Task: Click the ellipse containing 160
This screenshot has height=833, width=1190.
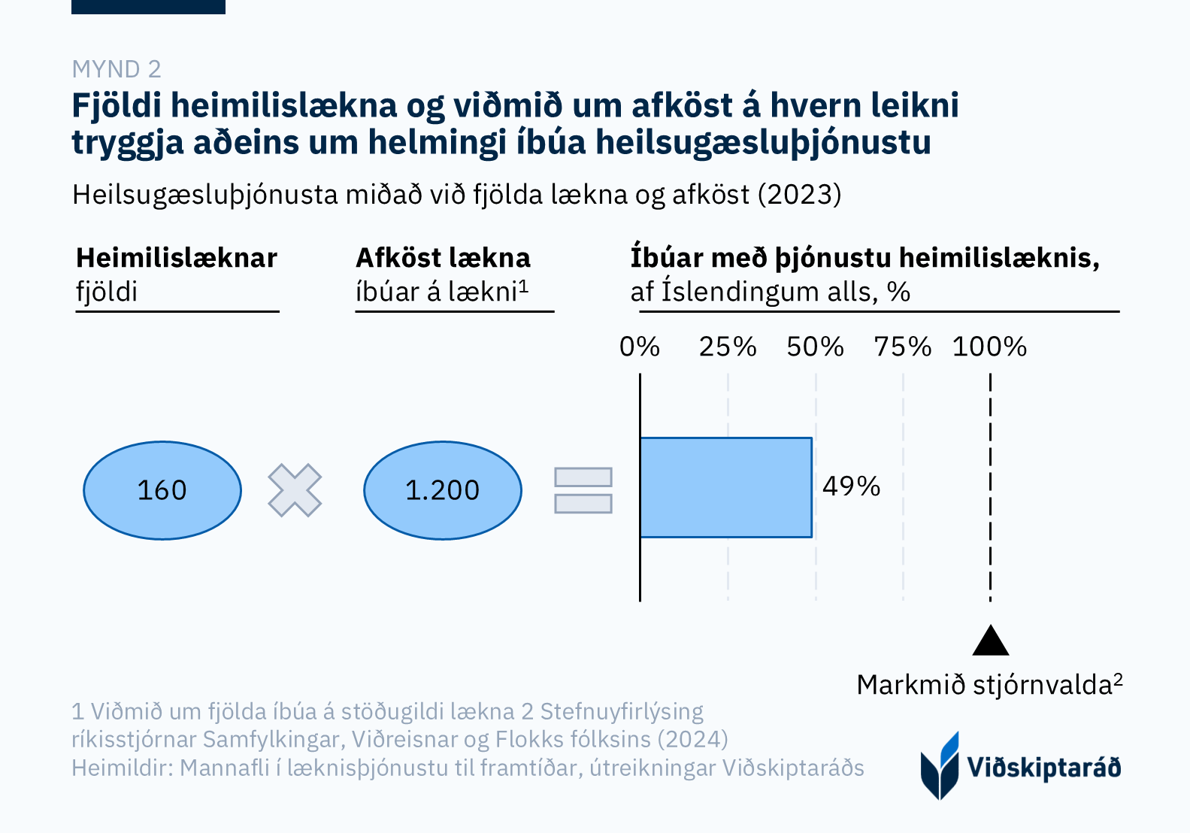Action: click(162, 490)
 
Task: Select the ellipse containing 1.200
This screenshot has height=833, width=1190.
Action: click(443, 490)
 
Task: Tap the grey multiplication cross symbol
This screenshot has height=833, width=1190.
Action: click(295, 490)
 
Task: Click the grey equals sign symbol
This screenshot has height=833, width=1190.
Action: click(583, 490)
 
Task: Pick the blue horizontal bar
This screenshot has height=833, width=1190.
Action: click(726, 487)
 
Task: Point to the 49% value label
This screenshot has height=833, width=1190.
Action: click(851, 486)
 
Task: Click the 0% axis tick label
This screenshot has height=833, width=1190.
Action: click(640, 347)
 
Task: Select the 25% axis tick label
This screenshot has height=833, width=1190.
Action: click(728, 347)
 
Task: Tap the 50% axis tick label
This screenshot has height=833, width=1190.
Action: click(816, 347)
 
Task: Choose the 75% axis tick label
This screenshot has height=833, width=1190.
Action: click(903, 347)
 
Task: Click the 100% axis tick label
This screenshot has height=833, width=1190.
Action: click(989, 347)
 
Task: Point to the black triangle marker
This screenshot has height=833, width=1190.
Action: click(991, 641)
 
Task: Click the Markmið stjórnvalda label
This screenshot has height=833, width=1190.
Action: click(989, 685)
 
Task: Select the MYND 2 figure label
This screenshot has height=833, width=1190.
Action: click(117, 69)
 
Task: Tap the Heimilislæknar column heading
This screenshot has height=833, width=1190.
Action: click(177, 258)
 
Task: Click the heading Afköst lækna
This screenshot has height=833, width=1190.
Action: click(444, 258)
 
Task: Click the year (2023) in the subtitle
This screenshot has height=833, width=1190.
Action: click(799, 195)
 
